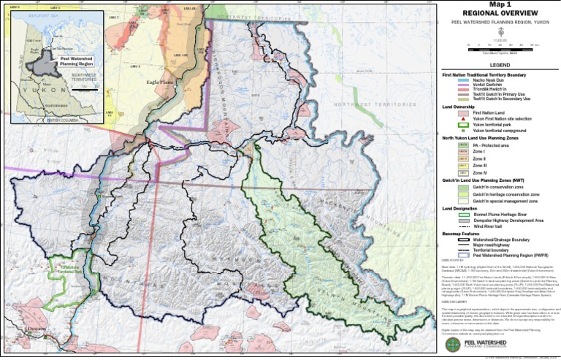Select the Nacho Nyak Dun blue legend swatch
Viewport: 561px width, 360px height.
coord(463,80)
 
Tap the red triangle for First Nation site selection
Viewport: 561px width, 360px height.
coord(463,118)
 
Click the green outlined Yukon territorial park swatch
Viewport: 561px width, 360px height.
coord(463,124)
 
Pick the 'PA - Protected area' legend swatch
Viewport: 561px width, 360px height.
coord(463,145)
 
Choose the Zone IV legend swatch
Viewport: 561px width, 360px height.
coord(463,173)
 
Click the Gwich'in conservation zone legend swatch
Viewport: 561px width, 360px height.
coord(463,187)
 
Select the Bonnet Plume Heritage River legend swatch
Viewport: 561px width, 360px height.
coord(463,214)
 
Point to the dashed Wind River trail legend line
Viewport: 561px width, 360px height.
coord(463,226)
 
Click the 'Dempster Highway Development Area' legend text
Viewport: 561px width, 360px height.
coord(508,220)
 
